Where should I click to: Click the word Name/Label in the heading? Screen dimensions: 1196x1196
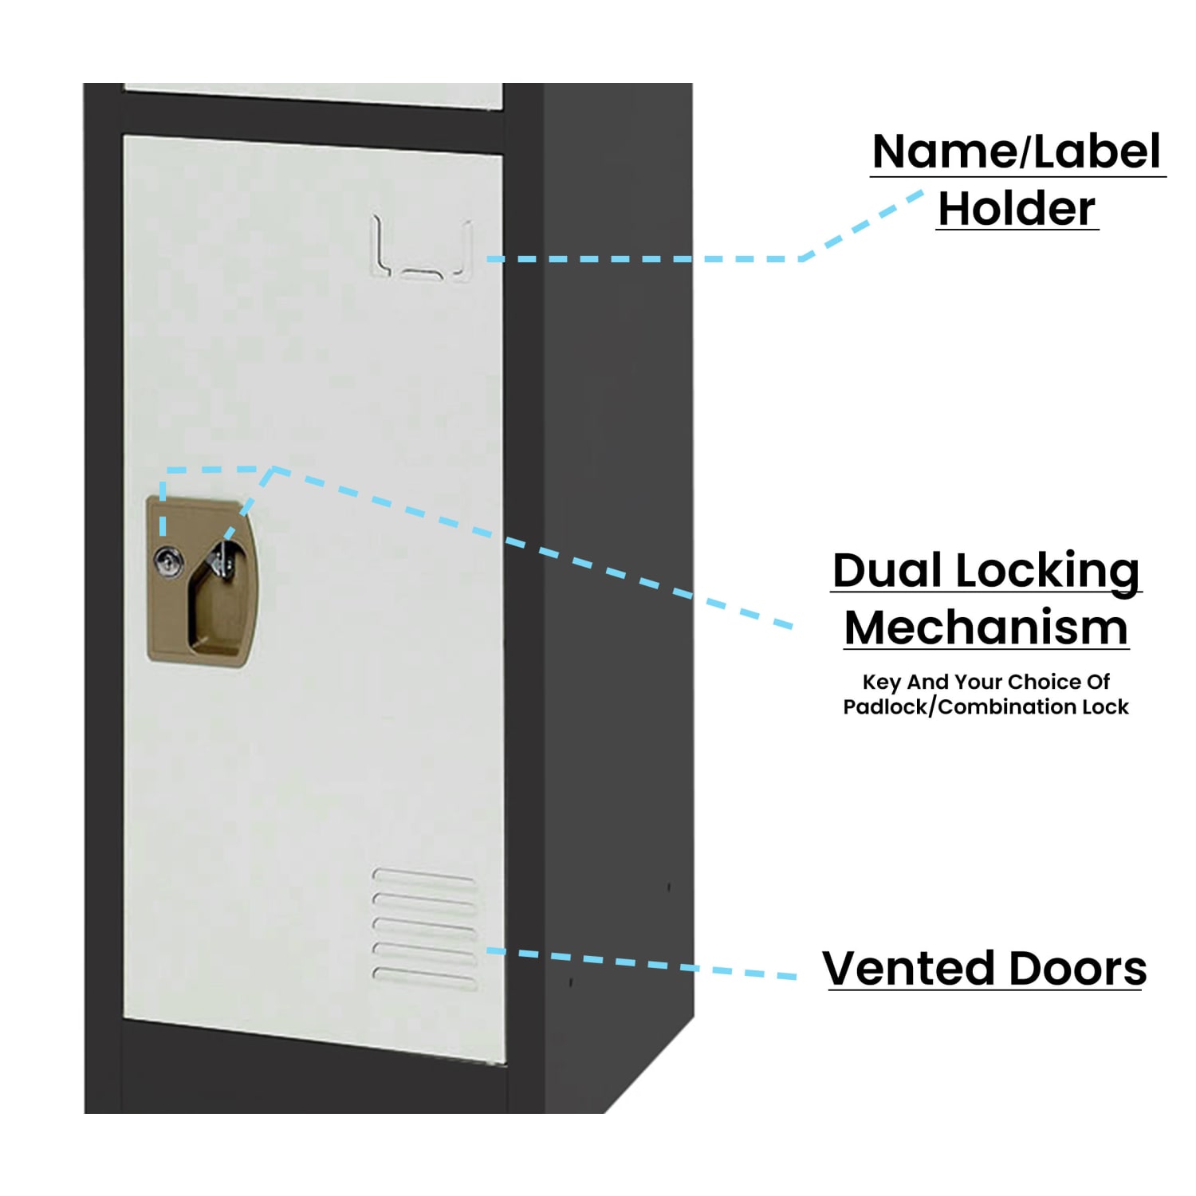click(1017, 151)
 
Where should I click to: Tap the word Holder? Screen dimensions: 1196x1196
click(1017, 209)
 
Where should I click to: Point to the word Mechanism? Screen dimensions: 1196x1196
click(986, 628)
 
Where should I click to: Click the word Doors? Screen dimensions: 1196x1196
click(1067, 969)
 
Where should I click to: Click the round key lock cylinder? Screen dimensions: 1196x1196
click(168, 561)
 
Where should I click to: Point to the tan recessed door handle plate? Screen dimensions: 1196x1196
click(203, 581)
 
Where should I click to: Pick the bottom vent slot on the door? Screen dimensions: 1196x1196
click(425, 978)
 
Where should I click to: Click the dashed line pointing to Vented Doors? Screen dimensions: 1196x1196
click(642, 963)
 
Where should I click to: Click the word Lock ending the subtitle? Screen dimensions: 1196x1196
click(1105, 706)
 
